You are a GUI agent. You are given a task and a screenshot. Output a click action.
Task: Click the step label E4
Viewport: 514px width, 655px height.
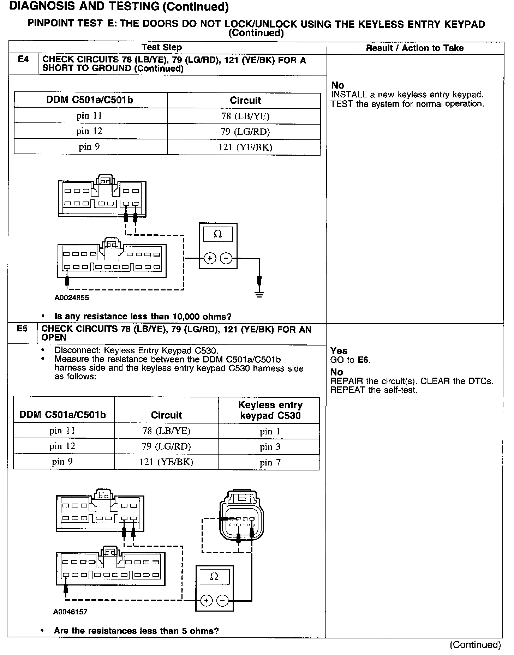pos(23,59)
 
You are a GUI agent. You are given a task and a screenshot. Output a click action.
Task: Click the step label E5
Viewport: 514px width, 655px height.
pos(22,329)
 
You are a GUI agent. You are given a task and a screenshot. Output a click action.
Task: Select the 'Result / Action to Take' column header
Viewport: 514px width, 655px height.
pos(414,48)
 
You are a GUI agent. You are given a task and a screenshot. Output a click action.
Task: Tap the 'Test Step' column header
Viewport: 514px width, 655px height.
pos(162,47)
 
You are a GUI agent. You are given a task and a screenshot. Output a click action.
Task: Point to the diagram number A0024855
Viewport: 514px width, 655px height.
pos(72,298)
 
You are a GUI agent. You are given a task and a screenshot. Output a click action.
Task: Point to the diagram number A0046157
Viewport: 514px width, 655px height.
pos(70,612)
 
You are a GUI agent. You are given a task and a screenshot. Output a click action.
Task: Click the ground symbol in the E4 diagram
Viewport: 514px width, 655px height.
pos(259,294)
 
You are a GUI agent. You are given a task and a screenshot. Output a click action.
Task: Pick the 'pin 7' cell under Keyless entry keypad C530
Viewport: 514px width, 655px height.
pos(270,462)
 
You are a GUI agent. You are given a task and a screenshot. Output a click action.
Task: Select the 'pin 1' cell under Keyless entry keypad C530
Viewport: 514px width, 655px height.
pos(270,431)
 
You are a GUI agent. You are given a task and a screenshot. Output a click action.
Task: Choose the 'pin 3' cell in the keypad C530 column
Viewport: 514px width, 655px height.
pos(270,447)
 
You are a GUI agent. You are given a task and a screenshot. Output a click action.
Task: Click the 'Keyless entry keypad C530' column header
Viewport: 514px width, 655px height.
pos(270,410)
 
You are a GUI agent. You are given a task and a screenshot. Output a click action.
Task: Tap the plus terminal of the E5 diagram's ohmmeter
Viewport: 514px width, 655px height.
pos(206,600)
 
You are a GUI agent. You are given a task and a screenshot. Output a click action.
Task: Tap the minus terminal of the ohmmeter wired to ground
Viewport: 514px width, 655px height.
pos(226,259)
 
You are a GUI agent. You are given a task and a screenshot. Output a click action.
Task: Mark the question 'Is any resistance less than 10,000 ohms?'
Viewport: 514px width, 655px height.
pos(143,317)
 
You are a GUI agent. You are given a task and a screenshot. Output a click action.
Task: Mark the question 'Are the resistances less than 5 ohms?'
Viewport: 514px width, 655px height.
pos(136,631)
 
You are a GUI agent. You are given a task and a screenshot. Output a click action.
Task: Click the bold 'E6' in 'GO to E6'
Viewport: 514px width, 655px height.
pos(363,360)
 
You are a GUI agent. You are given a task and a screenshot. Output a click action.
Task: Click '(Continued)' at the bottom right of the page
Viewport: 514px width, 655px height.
pos(475,645)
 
